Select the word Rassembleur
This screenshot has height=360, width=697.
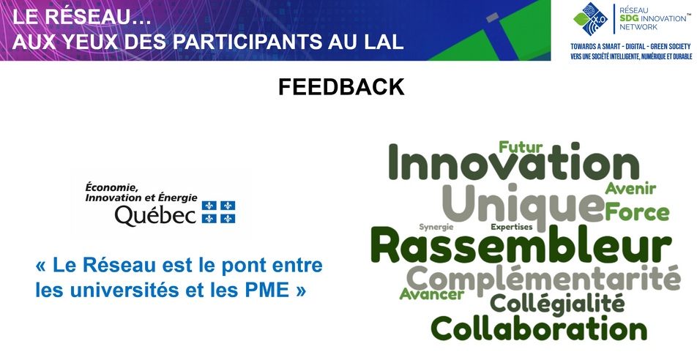pos(521,246)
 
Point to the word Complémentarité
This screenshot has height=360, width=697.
pos(543,280)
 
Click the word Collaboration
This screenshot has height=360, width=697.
pos(539,328)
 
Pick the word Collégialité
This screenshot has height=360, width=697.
pos(557,304)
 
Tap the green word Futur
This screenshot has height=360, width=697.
pos(521,147)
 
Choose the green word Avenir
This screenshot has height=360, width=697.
pos(630,189)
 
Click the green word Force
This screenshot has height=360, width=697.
pos(637,211)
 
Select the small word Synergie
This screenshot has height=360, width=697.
pos(436,227)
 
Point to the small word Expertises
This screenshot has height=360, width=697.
pos(511,227)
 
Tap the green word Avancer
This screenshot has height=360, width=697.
pos(432,293)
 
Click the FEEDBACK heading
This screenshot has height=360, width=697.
pos(341,87)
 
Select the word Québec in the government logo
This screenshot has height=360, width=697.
pos(155,216)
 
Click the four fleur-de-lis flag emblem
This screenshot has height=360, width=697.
pos(218,212)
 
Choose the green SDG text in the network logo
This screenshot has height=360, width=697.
pos(629,18)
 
